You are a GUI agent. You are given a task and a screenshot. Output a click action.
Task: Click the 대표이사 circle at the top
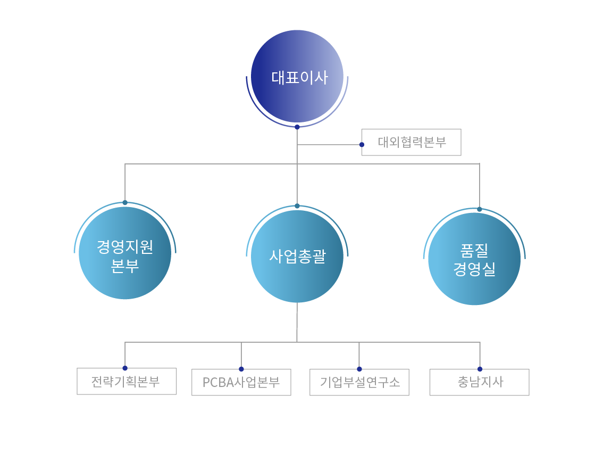tap(297, 76)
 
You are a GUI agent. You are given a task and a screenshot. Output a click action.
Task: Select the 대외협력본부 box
tap(412, 142)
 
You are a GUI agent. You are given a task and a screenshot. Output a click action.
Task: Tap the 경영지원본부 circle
tap(125, 253)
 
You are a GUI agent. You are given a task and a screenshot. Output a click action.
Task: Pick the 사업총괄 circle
tap(297, 257)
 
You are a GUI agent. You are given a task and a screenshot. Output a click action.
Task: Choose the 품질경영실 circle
tap(474, 259)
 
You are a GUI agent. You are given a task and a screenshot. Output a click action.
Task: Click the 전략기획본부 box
tap(127, 382)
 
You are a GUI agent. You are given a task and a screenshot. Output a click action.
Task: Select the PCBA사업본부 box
tap(241, 382)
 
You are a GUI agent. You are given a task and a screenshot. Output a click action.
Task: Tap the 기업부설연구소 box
tap(359, 382)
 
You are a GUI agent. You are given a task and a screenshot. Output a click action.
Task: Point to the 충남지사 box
tap(480, 382)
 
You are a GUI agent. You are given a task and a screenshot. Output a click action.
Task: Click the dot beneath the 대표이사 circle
tap(297, 127)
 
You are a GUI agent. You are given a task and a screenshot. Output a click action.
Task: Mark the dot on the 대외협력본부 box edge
tap(362, 144)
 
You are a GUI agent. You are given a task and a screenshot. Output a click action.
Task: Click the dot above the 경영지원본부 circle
tap(125, 202)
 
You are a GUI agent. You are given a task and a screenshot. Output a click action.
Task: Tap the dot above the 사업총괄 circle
tap(297, 206)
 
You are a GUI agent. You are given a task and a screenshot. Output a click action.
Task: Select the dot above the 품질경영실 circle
tap(480, 209)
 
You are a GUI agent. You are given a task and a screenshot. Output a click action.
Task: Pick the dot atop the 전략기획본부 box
tap(125, 368)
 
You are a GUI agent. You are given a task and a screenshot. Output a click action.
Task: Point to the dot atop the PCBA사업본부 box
tap(241, 369)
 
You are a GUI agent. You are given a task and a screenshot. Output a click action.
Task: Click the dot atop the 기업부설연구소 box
tap(359, 369)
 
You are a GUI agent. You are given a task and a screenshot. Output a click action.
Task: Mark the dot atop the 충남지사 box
tap(480, 369)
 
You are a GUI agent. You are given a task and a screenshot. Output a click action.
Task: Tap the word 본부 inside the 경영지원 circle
tap(125, 265)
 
